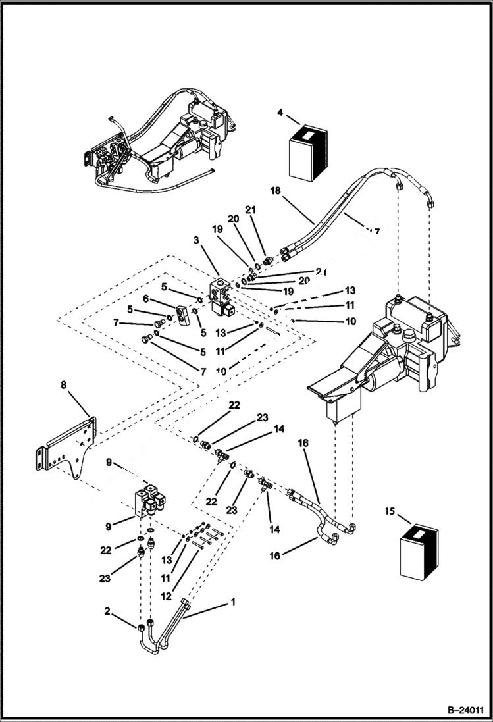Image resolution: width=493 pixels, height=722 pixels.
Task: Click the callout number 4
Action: tap(280, 113)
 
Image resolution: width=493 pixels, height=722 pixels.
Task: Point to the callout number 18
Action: tap(276, 190)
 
